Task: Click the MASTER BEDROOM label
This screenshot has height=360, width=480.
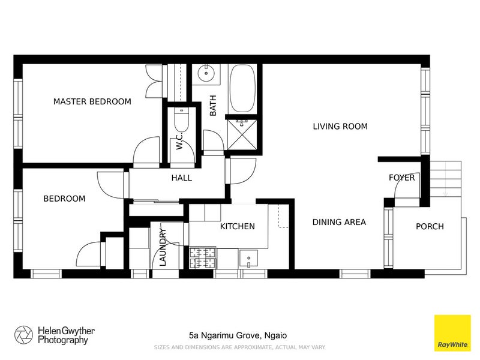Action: (92, 101)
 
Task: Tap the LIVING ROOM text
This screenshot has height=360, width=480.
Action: (340, 126)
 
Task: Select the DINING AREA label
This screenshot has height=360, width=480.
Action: (339, 222)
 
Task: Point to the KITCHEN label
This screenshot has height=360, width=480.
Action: (237, 226)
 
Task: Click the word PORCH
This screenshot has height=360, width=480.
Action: (430, 226)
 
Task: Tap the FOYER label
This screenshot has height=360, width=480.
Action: (401, 178)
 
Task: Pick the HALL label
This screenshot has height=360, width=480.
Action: (182, 178)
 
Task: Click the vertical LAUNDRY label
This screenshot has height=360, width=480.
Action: (163, 247)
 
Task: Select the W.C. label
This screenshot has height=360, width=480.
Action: (179, 141)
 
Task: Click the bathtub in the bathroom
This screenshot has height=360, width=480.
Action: (242, 88)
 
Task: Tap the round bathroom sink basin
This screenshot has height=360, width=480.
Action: (206, 73)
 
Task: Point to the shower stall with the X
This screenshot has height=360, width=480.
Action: (242, 134)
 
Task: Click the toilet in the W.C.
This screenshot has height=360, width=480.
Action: (182, 121)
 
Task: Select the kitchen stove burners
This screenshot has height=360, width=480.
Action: (202, 258)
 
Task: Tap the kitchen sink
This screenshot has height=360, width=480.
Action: (248, 259)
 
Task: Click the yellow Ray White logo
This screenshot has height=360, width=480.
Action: (452, 333)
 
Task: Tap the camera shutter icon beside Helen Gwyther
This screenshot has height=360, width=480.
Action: (23, 335)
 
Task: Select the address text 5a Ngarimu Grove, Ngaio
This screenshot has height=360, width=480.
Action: (238, 335)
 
